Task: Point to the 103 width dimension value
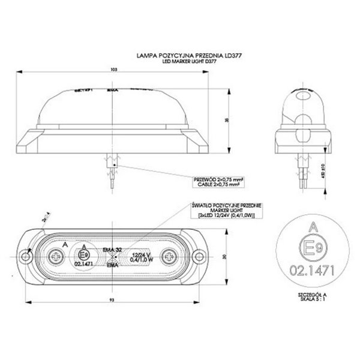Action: point(113,70)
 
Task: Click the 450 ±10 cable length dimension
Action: point(323,173)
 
